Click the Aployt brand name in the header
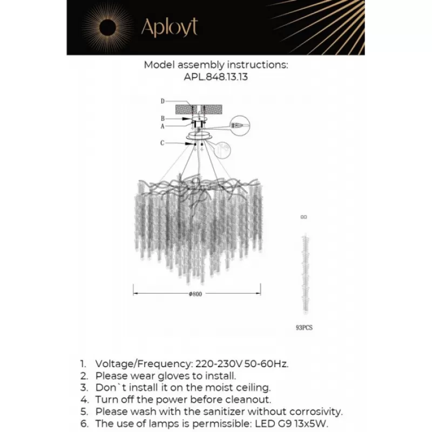[x=170, y=26]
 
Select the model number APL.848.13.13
[x=216, y=77]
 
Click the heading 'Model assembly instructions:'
[x=216, y=65]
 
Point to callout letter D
[x=162, y=102]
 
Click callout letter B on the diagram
[x=162, y=118]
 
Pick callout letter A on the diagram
[x=162, y=126]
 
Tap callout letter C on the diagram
[x=162, y=143]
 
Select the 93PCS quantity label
[x=305, y=327]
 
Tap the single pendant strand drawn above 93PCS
[x=304, y=270]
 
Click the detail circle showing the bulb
[x=238, y=125]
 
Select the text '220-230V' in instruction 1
[x=212, y=363]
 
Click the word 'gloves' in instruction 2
[x=179, y=375]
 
